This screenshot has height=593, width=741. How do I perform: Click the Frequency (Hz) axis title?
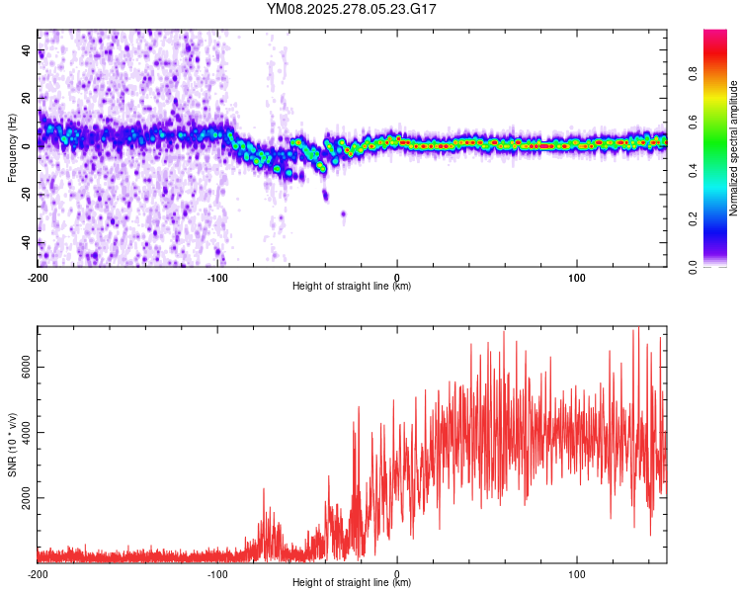(x=13, y=148)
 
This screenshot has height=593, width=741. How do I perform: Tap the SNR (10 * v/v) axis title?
(x=13, y=445)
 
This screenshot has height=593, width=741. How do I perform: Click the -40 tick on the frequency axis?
(x=28, y=242)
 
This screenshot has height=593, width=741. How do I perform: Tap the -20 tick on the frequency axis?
(x=28, y=194)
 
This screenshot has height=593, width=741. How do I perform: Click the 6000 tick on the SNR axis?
(x=28, y=367)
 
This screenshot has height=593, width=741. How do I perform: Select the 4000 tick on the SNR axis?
(x=28, y=432)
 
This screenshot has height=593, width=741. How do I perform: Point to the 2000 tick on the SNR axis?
(x=28, y=497)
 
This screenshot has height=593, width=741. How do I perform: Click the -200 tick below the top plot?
(x=38, y=276)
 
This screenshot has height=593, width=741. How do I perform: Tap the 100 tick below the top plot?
(x=577, y=276)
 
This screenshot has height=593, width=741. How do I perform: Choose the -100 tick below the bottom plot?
(x=217, y=572)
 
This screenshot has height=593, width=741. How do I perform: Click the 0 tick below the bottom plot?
(x=397, y=572)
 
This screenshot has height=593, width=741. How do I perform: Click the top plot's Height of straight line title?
(x=352, y=287)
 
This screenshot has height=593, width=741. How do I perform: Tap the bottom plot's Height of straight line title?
(x=352, y=583)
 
